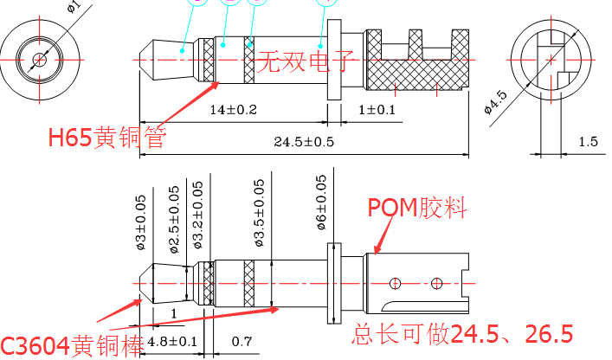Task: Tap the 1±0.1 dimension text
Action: [377, 110]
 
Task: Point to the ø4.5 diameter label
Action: [494, 101]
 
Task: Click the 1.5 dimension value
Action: [588, 141]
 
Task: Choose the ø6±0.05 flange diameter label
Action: [322, 204]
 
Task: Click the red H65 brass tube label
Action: [106, 136]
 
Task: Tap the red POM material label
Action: [417, 208]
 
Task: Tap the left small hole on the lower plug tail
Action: [395, 282]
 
